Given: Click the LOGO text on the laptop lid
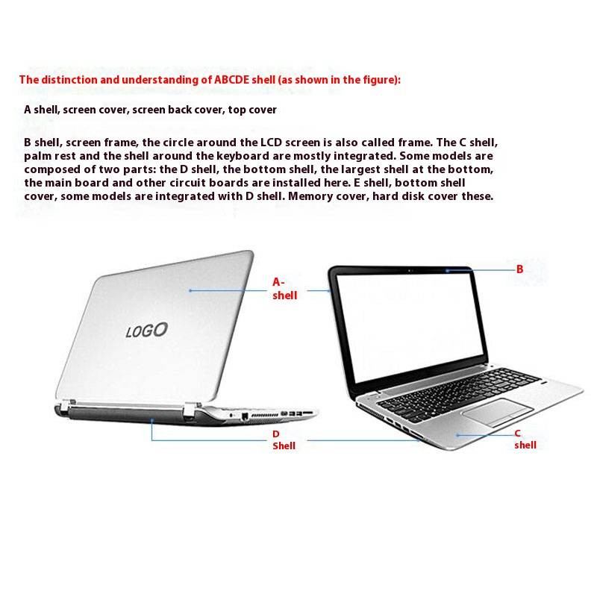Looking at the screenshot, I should pyautogui.click(x=146, y=331).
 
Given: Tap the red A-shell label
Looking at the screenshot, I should pyautogui.click(x=284, y=289).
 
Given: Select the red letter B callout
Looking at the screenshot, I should pyautogui.click(x=520, y=269).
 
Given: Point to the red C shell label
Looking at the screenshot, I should pyautogui.click(x=525, y=439).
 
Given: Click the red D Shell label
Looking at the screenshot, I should pyautogui.click(x=283, y=440).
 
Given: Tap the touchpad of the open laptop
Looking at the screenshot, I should pyautogui.click(x=496, y=411).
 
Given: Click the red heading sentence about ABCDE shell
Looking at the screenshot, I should pyautogui.click(x=210, y=79).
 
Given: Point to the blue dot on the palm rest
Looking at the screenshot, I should pyautogui.click(x=457, y=434).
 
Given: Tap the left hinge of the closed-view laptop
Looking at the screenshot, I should pyautogui.click(x=67, y=407).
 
